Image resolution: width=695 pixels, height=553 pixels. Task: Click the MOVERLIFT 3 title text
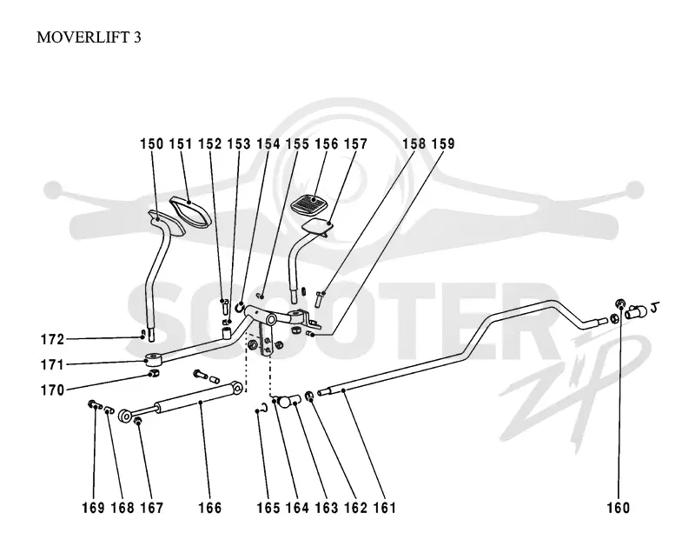tap(89, 37)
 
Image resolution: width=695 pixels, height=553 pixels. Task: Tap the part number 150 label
tap(151, 143)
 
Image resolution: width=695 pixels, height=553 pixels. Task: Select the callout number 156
tap(327, 143)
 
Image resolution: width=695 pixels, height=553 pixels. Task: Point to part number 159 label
tap(443, 143)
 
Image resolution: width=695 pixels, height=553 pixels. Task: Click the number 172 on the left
tap(52, 339)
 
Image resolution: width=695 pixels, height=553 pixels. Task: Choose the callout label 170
tap(52, 390)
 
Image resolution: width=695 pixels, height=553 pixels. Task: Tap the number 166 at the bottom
tap(209, 508)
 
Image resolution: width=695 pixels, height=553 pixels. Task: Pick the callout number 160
tap(619, 508)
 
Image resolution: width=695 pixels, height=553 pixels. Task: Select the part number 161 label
tap(384, 508)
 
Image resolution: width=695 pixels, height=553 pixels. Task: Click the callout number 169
tap(93, 508)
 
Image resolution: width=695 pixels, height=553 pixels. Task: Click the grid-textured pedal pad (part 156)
tap(309, 203)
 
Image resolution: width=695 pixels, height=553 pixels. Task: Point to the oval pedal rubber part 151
tap(190, 212)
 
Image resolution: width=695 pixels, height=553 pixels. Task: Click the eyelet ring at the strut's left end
tap(125, 416)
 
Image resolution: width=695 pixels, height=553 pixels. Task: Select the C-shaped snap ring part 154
tap(240, 306)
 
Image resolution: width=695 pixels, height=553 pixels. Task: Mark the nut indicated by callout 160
tap(620, 303)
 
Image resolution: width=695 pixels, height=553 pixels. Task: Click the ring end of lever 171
tap(154, 357)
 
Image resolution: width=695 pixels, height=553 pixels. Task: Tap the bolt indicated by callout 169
tap(95, 405)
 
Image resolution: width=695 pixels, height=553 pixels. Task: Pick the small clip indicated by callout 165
tap(263, 408)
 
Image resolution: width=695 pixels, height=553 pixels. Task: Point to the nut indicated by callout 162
tap(310, 395)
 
